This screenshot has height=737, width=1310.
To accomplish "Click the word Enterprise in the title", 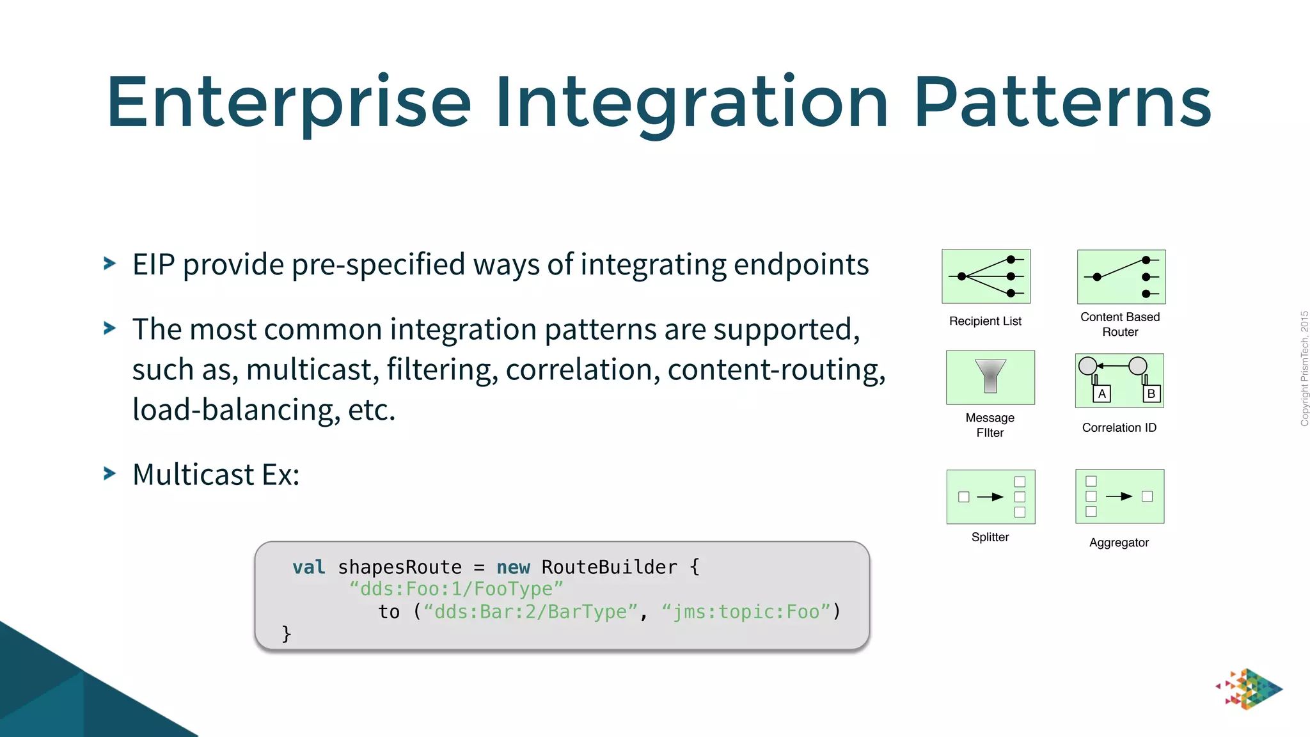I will tap(288, 102).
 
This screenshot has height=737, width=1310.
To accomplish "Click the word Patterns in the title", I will tap(1062, 102).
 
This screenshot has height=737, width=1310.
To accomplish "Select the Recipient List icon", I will tap(986, 276).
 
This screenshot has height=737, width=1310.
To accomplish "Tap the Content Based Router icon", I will tap(1121, 276).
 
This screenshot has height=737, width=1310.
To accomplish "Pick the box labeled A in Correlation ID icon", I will tap(1101, 394).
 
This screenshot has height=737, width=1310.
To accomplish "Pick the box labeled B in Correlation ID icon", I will tap(1151, 394).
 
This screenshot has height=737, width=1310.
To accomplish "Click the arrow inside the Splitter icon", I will tap(990, 497).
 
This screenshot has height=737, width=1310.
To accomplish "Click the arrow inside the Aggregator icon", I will tap(1119, 496).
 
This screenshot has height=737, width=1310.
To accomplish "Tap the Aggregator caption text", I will tap(1119, 543).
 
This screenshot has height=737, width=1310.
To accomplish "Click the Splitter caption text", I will tap(990, 537).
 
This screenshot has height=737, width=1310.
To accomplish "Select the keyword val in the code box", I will tap(308, 567).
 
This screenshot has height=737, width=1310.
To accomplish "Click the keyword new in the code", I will tap(513, 567).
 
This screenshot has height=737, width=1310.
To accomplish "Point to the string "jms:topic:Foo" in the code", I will tap(745, 612).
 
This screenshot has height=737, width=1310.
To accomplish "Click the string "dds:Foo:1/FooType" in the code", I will tap(456, 589).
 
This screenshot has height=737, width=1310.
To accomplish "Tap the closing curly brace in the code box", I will tap(286, 634).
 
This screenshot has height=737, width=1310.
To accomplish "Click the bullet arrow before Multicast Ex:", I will tap(110, 473).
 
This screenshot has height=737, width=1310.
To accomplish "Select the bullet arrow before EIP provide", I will tap(110, 263).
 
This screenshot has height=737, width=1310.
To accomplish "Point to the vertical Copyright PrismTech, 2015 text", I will tap(1304, 368).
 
